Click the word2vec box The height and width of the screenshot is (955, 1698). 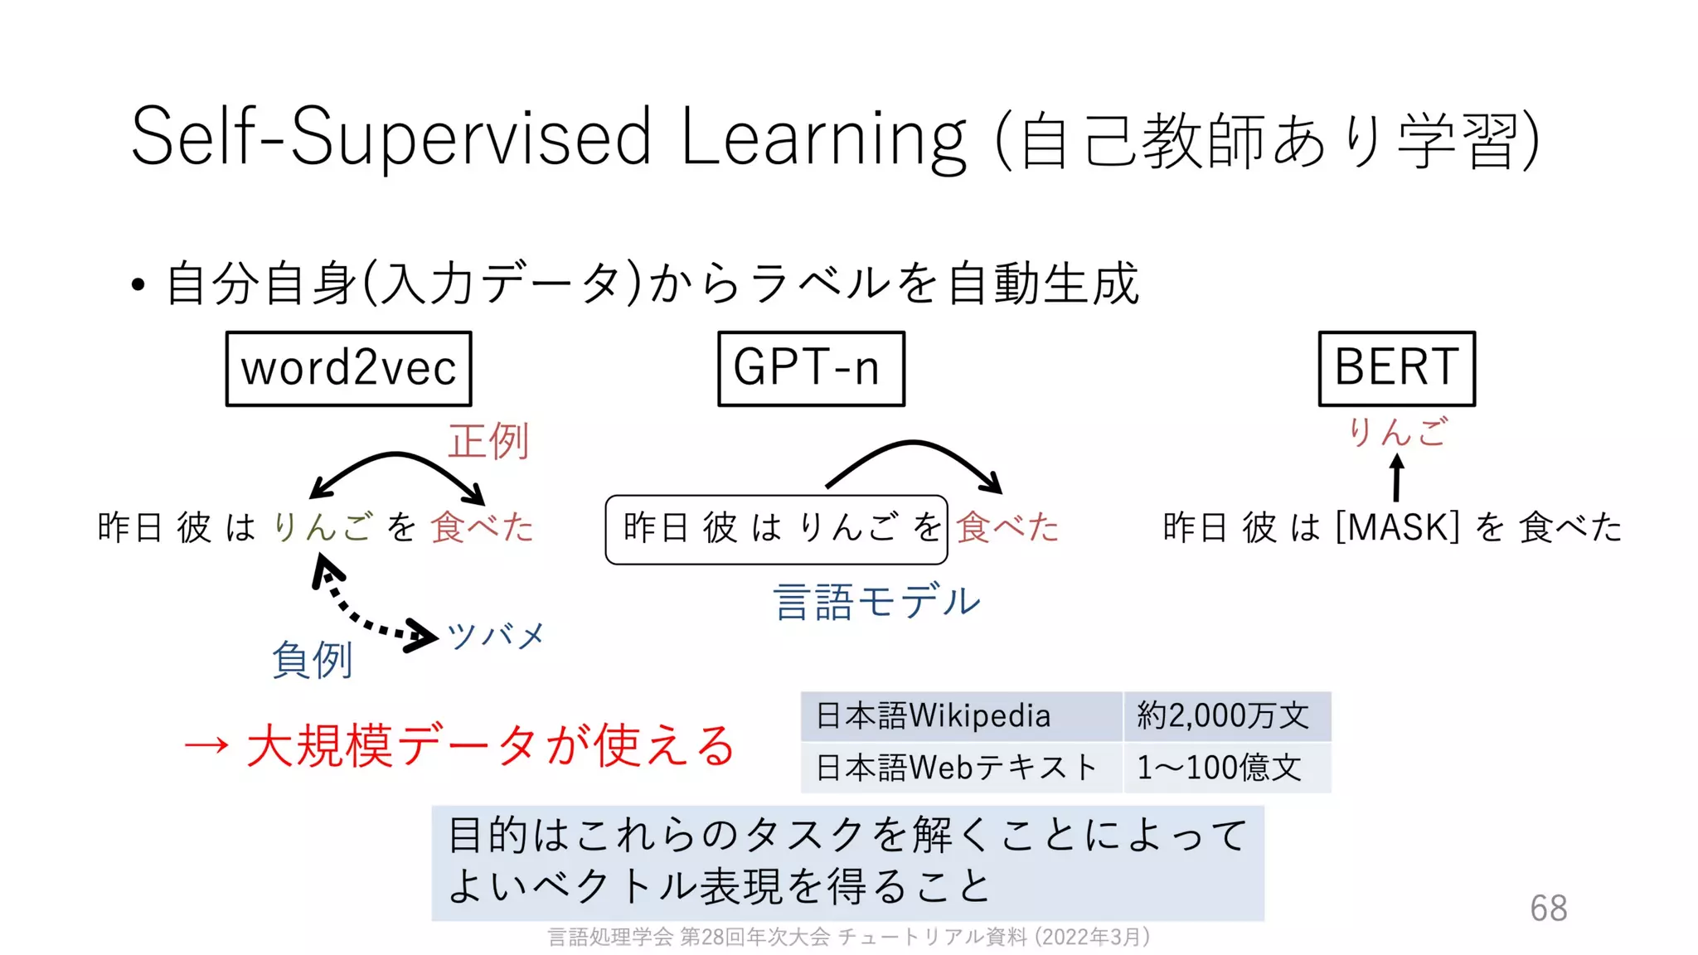(348, 368)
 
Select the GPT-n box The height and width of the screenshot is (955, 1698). (810, 368)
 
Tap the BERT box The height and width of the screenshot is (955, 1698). (1396, 368)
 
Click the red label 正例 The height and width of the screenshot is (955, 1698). (488, 440)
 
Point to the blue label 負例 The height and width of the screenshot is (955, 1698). (313, 659)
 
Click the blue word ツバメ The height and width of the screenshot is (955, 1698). (496, 636)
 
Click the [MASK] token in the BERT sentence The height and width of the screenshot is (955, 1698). (1397, 527)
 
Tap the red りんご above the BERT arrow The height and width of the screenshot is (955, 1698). (1397, 432)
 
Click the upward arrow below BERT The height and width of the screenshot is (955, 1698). (1397, 478)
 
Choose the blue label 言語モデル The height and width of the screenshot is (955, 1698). (876, 601)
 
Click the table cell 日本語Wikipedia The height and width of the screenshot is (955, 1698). (934, 715)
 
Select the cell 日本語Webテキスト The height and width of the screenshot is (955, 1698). (956, 768)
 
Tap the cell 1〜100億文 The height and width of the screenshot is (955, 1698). (1219, 768)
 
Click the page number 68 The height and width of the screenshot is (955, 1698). (1548, 909)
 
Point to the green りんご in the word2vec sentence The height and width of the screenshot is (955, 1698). (323, 527)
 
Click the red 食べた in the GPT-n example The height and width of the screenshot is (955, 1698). (1007, 527)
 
